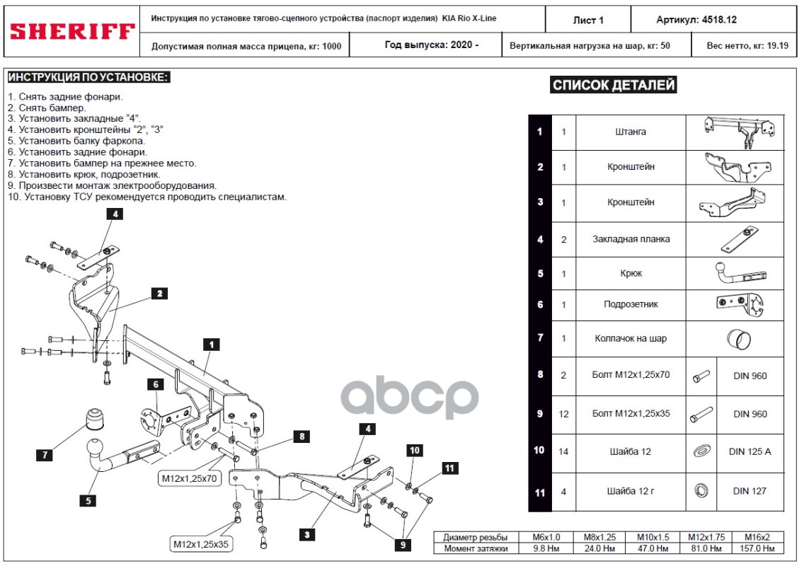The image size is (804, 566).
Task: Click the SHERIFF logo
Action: [71, 31]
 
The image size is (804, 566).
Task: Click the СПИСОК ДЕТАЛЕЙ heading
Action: [614, 86]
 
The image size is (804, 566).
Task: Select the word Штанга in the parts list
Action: [631, 132]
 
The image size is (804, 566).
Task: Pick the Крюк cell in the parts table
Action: [631, 273]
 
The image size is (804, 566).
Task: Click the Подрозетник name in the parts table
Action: [631, 304]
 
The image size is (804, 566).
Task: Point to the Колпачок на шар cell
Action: [631, 338]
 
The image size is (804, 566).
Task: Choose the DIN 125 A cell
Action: [750, 451]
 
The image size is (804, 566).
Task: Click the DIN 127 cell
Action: [750, 491]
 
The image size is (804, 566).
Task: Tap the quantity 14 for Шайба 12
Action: [563, 451]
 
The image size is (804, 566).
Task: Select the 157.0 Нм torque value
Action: [761, 548]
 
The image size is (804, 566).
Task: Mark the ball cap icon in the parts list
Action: [738, 340]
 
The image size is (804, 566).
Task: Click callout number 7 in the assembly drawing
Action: [45, 456]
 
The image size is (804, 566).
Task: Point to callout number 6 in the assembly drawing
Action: [155, 384]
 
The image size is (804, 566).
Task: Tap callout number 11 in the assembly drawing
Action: [450, 468]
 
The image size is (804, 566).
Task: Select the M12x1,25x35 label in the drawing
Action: [202, 544]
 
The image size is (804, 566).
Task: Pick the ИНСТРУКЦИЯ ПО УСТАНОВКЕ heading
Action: [88, 77]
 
